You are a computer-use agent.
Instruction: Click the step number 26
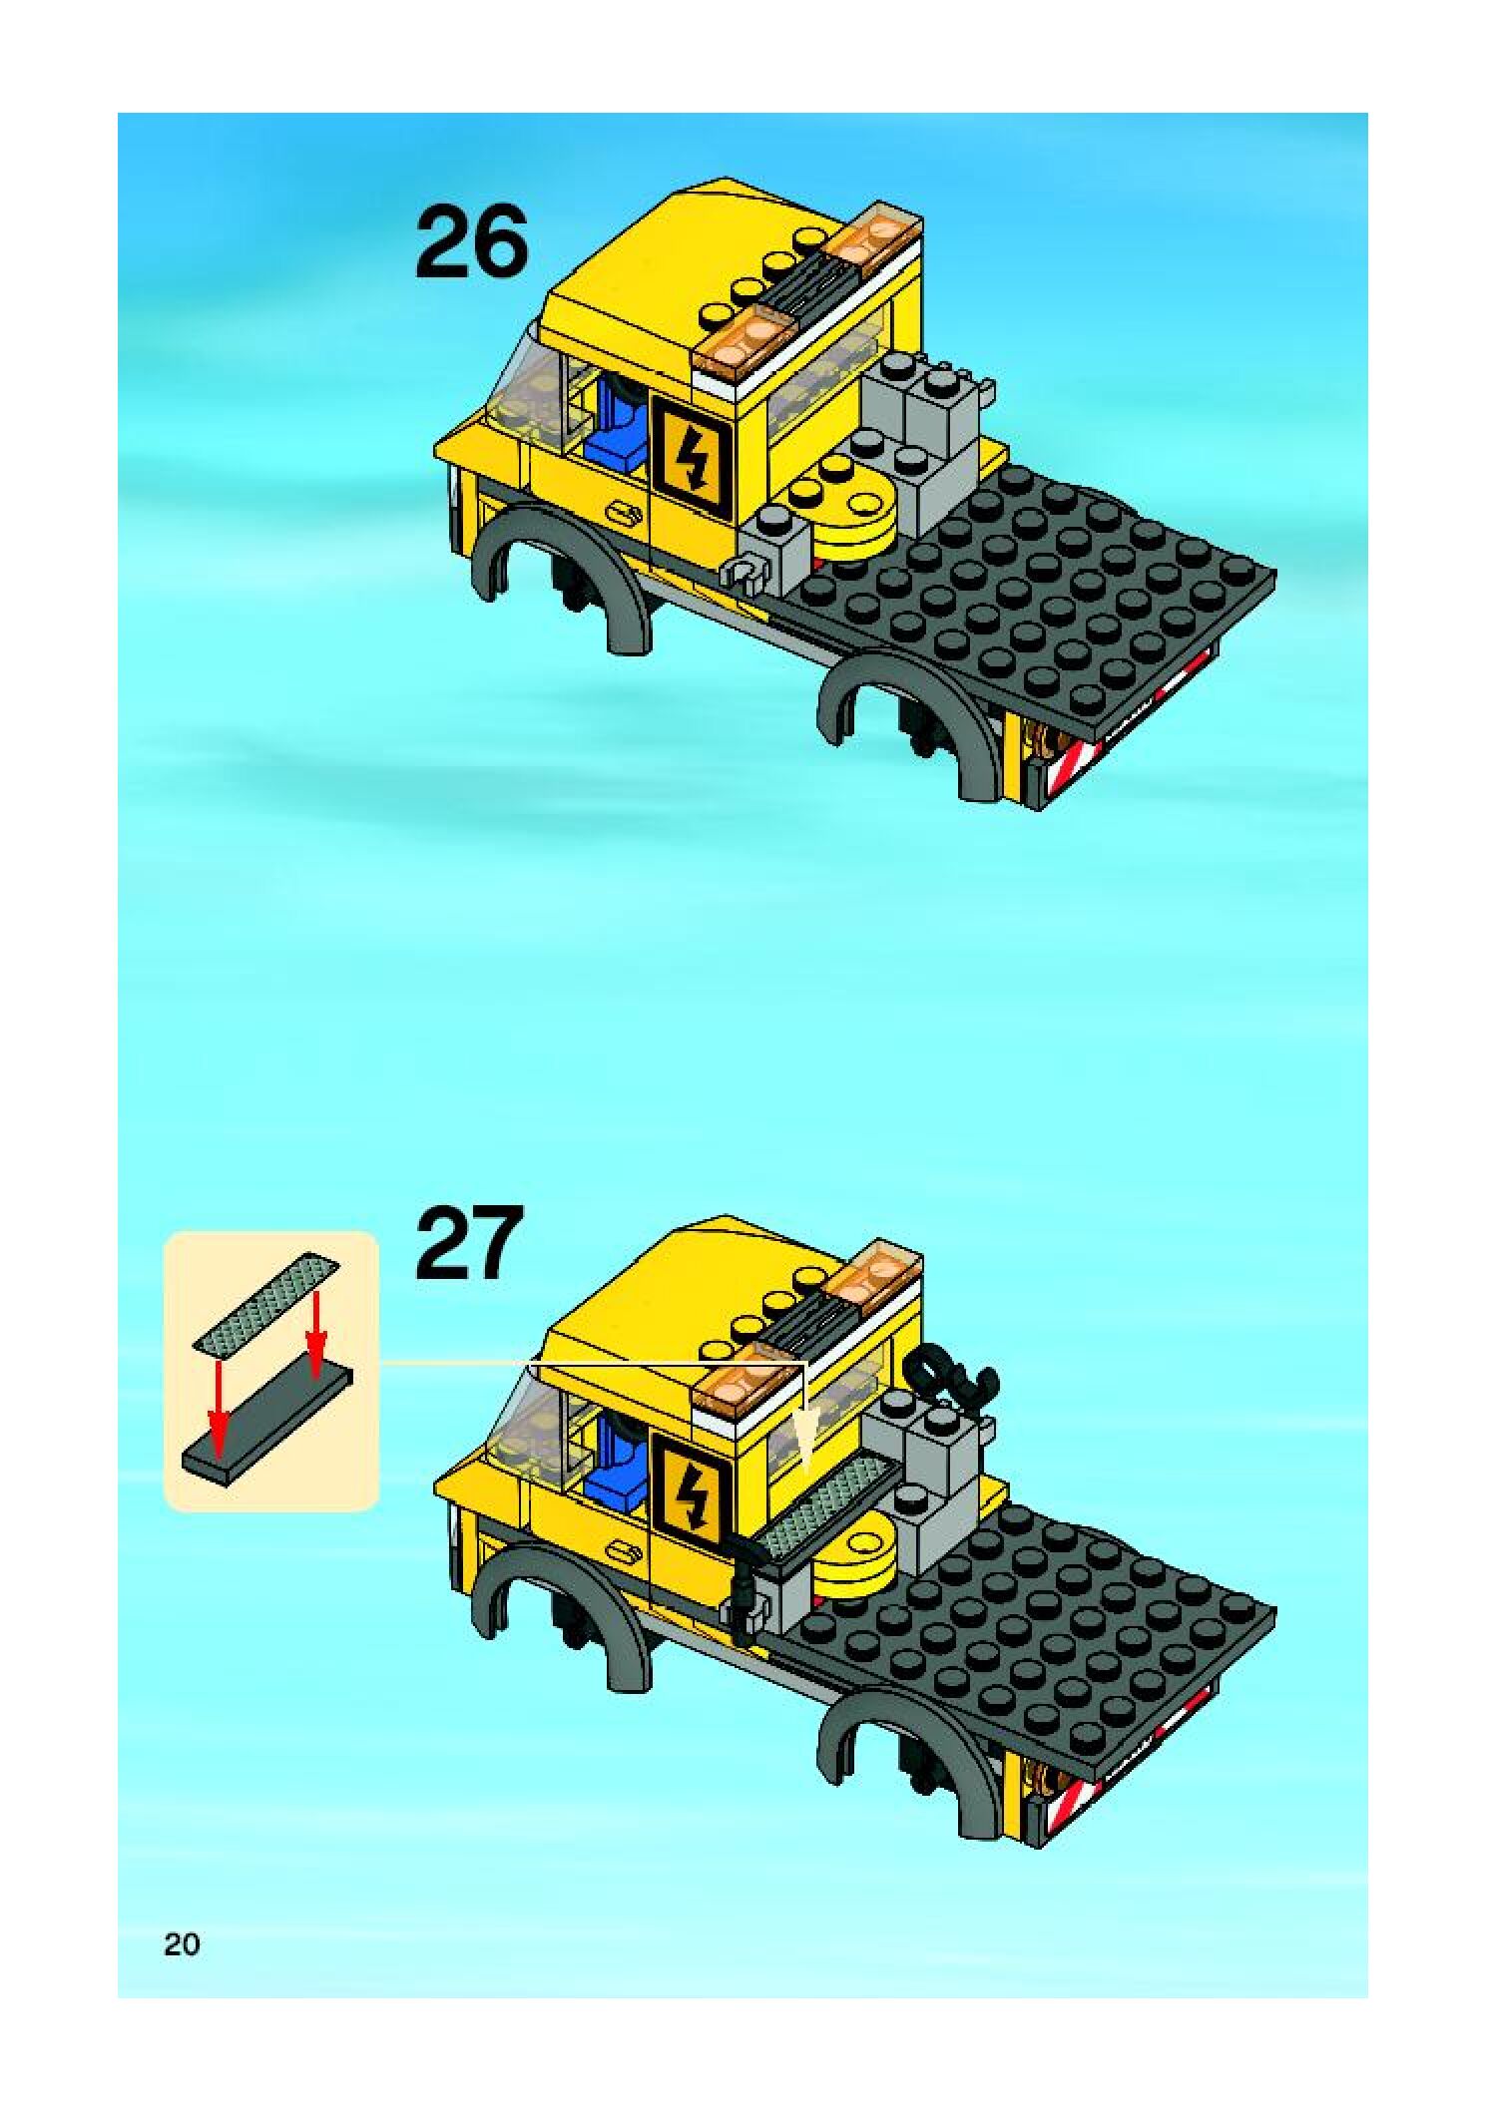(470, 242)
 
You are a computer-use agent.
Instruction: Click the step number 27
(468, 1242)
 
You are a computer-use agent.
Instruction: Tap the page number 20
(183, 1944)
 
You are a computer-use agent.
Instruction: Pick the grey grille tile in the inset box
(266, 1303)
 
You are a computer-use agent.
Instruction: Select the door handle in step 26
(622, 514)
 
